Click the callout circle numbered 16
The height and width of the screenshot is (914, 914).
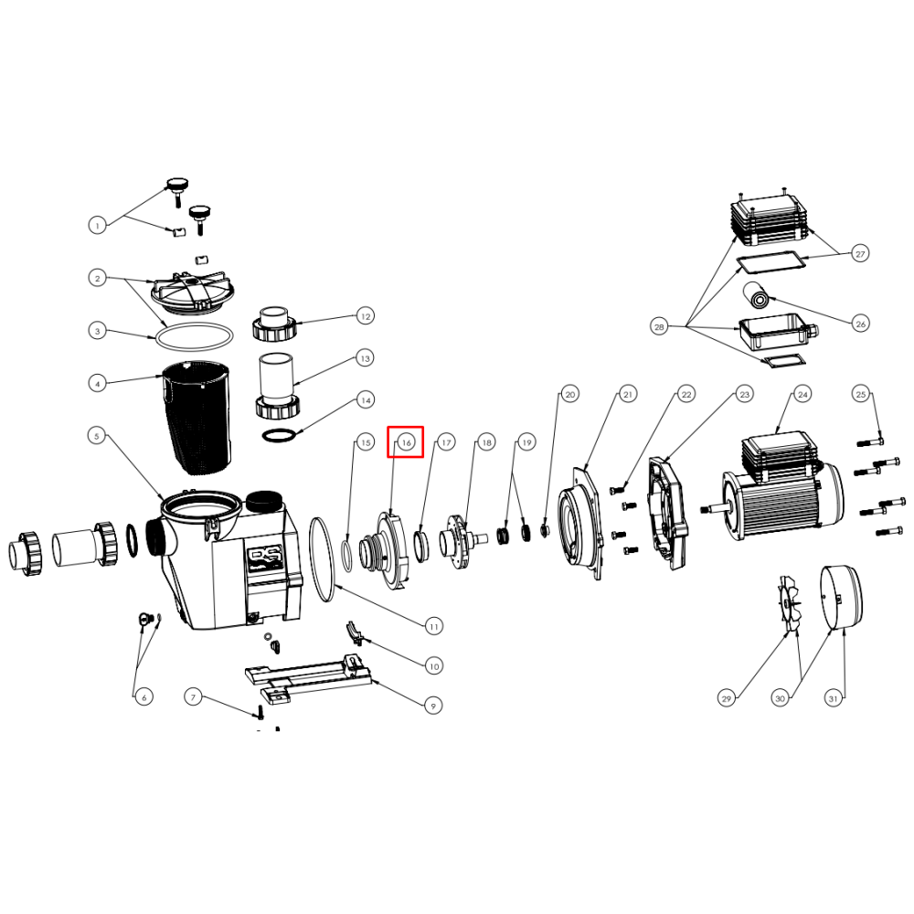click(x=407, y=442)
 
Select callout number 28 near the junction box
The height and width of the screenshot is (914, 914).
click(x=659, y=326)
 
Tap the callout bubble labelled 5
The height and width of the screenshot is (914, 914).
click(x=97, y=435)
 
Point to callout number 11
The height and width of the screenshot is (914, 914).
click(x=433, y=627)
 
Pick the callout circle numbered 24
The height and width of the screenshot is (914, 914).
click(x=802, y=395)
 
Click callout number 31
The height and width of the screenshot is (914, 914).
click(x=834, y=698)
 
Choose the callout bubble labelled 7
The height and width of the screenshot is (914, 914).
click(x=194, y=696)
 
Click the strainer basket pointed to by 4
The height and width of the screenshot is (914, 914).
click(x=197, y=417)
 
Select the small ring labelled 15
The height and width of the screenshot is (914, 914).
click(x=345, y=557)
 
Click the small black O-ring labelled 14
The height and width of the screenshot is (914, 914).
click(x=280, y=435)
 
